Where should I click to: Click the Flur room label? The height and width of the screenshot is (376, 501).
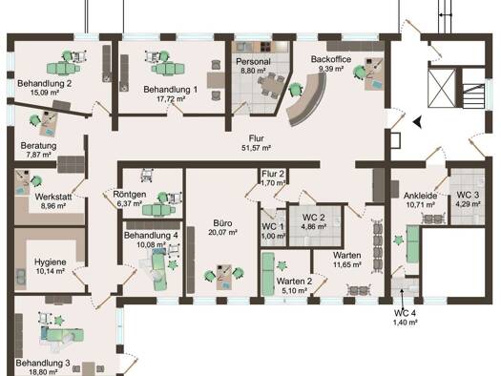click(x=257, y=138)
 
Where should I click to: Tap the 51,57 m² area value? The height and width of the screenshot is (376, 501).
click(x=257, y=148)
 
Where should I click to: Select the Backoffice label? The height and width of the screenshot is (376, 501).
click(x=331, y=59)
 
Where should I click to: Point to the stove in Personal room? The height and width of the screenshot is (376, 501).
click(x=264, y=48)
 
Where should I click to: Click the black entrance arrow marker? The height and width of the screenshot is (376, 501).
click(x=417, y=122)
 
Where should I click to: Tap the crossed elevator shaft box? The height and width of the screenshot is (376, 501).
click(x=442, y=88)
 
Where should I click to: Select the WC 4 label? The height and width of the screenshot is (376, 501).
click(x=405, y=313)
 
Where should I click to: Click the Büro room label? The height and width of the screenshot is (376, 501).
click(x=222, y=223)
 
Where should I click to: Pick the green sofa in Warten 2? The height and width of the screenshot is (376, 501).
click(x=268, y=274)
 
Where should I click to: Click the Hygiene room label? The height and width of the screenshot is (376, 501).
click(x=51, y=262)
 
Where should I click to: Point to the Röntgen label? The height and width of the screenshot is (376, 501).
click(x=130, y=195)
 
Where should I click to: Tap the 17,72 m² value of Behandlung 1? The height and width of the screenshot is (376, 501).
click(x=171, y=98)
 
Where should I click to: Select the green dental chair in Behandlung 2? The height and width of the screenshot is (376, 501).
click(x=64, y=68)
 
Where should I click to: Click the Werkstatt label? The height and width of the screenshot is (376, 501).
click(x=53, y=197)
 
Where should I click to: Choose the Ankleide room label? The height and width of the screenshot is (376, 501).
click(x=420, y=196)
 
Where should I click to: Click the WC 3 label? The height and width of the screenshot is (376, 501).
click(x=468, y=195)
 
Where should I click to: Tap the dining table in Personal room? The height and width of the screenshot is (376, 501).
click(x=272, y=85)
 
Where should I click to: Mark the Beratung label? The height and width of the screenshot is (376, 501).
click(x=38, y=146)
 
